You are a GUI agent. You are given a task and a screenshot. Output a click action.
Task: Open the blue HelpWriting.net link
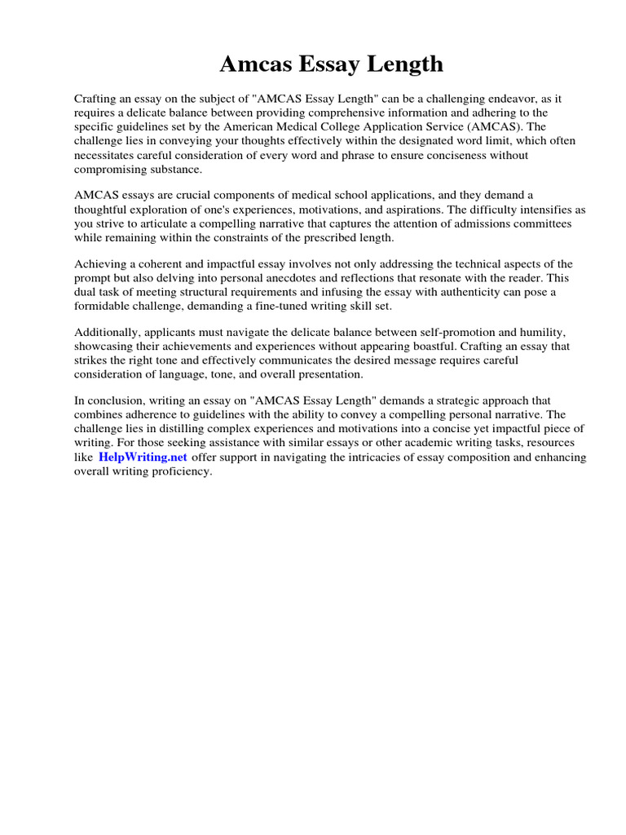(143, 457)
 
